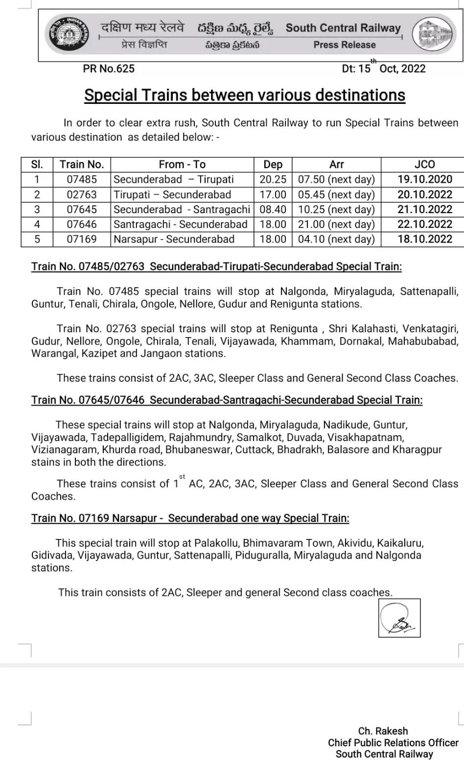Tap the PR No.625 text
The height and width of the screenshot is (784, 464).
click(109, 69)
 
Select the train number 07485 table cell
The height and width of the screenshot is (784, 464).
click(82, 179)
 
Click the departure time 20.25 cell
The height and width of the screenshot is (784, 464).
click(273, 179)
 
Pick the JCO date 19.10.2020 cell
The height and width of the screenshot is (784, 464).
click(424, 179)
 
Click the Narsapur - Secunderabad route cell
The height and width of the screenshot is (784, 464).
click(174, 239)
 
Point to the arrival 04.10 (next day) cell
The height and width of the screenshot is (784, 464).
click(336, 239)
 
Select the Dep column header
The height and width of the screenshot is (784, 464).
click(273, 165)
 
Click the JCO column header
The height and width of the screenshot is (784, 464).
click(424, 165)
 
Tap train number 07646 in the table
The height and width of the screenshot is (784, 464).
click(82, 224)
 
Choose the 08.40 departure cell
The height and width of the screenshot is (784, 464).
click(273, 209)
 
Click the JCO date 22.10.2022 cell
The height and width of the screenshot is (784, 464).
click(424, 224)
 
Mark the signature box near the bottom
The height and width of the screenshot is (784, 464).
click(399, 618)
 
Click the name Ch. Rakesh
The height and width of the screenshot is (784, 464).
click(383, 731)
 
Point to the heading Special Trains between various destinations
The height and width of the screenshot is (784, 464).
click(245, 95)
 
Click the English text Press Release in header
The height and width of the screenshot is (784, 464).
click(345, 45)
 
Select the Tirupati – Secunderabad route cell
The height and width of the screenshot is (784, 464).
click(172, 195)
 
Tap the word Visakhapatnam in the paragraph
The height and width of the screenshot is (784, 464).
click(366, 437)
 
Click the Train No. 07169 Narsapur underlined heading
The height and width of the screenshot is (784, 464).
click(190, 518)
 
